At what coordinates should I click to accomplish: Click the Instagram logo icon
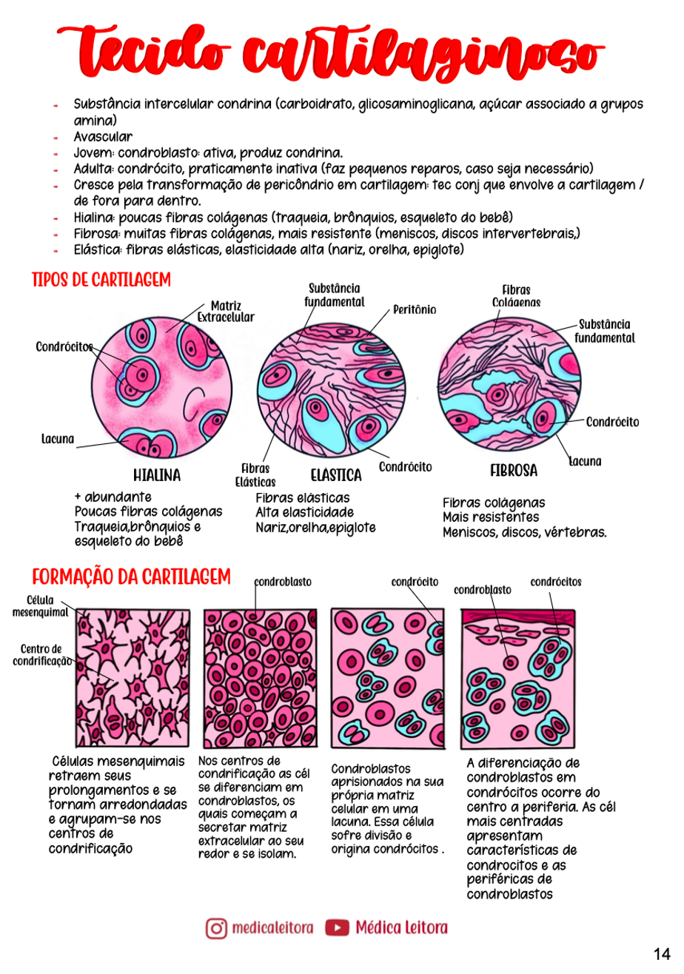pos(216,928)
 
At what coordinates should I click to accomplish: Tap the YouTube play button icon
pos(337,927)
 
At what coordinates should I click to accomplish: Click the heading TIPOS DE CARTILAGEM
pos(101,280)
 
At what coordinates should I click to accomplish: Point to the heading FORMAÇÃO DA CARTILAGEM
pos(131,577)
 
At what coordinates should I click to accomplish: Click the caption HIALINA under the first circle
pos(157,475)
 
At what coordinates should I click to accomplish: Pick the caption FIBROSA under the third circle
pos(514,471)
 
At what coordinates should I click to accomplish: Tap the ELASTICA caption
pos(335,475)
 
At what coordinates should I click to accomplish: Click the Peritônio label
pos(415,309)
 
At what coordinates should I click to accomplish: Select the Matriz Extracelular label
pos(226,312)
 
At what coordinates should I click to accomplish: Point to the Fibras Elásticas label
pos(255,475)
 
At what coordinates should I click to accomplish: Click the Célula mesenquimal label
pos(40,606)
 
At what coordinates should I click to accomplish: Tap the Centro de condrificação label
pos(41,655)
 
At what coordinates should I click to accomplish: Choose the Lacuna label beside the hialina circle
pos(58,439)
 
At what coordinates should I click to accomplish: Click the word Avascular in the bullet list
pos(103,136)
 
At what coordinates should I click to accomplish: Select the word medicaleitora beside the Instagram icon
pos(272,928)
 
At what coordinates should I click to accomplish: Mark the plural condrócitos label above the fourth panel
pos(556,582)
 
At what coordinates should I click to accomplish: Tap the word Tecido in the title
pos(144,52)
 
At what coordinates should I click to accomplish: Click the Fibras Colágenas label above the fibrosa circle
pos(516,296)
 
